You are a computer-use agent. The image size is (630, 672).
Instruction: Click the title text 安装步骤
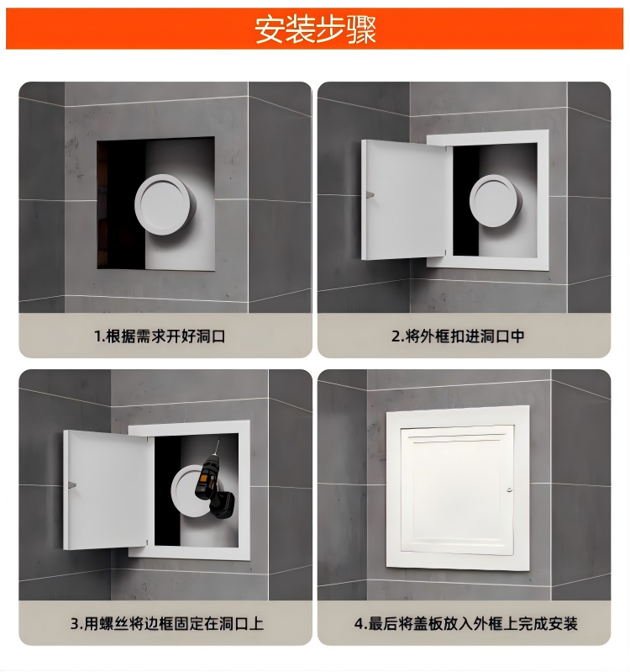coord(315,29)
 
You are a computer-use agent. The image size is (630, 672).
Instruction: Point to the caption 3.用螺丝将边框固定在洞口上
coord(166,624)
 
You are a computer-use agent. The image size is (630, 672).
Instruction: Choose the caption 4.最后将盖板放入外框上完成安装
coord(465,624)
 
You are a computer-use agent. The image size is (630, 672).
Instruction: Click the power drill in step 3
coord(210,486)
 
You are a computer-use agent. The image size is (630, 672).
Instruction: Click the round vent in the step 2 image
coord(494,203)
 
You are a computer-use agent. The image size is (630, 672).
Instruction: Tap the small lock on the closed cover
coord(509,489)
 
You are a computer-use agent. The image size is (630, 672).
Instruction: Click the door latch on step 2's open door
coord(369,195)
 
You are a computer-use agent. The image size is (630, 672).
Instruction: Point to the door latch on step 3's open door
coord(72,484)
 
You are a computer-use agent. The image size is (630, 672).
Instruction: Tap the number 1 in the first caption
coord(97,336)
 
